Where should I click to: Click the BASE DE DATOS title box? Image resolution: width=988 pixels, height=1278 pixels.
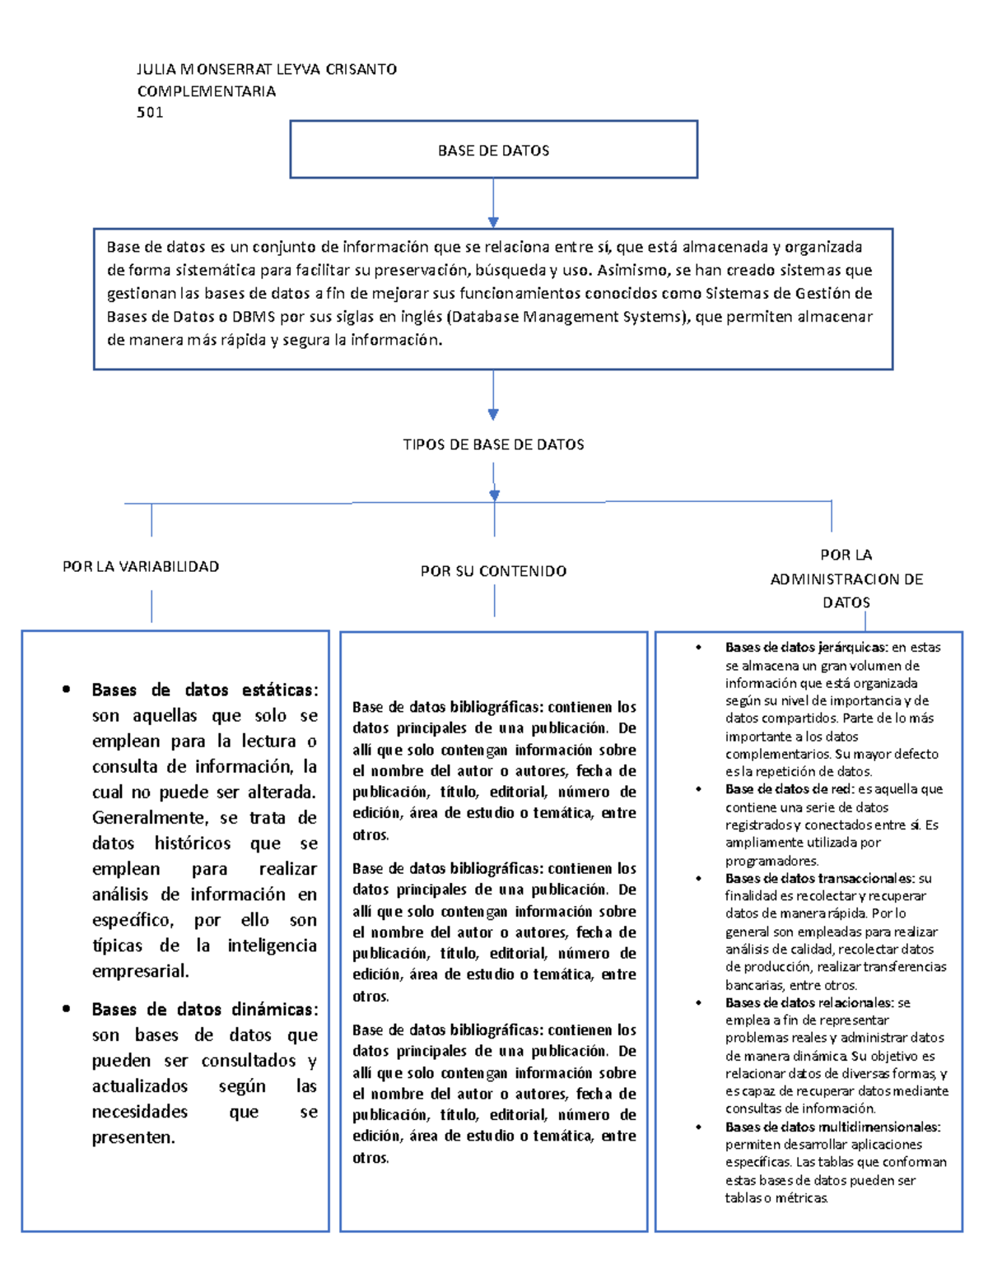click(493, 150)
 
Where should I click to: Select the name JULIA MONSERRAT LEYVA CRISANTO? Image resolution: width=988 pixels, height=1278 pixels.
click(267, 69)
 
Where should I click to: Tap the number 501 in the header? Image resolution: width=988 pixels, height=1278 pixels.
click(150, 113)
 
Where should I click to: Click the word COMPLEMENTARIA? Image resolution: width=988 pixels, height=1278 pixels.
click(206, 91)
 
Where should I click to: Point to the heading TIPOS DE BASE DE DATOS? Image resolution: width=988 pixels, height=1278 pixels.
click(493, 444)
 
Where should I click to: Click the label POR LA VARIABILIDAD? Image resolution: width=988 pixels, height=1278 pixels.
click(141, 566)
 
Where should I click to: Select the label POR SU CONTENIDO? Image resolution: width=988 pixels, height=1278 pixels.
click(493, 571)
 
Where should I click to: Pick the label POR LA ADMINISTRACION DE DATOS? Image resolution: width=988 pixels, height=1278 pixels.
click(846, 579)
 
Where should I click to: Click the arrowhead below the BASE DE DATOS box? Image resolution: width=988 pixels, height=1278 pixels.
click(493, 222)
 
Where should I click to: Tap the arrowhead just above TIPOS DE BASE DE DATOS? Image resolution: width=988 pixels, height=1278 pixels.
click(493, 415)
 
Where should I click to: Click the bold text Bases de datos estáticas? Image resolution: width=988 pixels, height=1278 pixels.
click(204, 690)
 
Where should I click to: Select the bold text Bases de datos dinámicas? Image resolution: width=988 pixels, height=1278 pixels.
click(204, 1009)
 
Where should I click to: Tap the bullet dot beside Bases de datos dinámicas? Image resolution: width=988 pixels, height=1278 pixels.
click(67, 1009)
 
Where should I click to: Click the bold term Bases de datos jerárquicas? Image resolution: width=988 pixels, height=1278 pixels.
click(806, 648)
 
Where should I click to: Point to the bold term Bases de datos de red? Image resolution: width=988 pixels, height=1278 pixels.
click(789, 789)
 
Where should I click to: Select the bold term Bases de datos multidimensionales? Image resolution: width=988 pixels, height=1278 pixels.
click(832, 1127)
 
